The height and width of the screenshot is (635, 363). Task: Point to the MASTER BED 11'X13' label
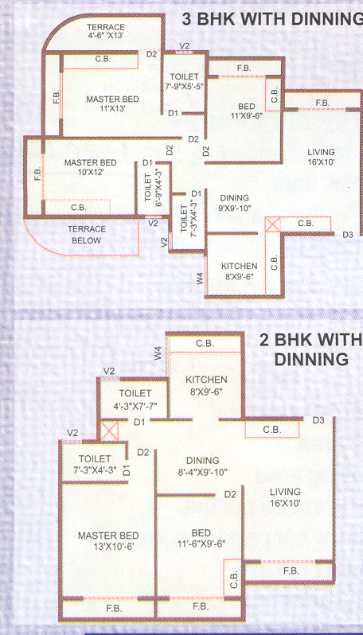pos(113,104)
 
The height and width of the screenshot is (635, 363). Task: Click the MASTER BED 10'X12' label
pos(90,168)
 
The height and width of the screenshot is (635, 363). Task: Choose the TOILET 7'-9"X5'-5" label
pos(184,81)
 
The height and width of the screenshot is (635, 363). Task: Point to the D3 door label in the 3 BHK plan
pos(347,235)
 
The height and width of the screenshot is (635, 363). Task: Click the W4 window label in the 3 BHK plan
pos(200,278)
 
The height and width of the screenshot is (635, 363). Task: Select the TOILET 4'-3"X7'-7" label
pos(135,399)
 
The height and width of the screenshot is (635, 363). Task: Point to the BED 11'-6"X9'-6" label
pos(196,540)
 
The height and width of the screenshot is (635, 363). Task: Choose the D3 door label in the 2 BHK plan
pos(318,420)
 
